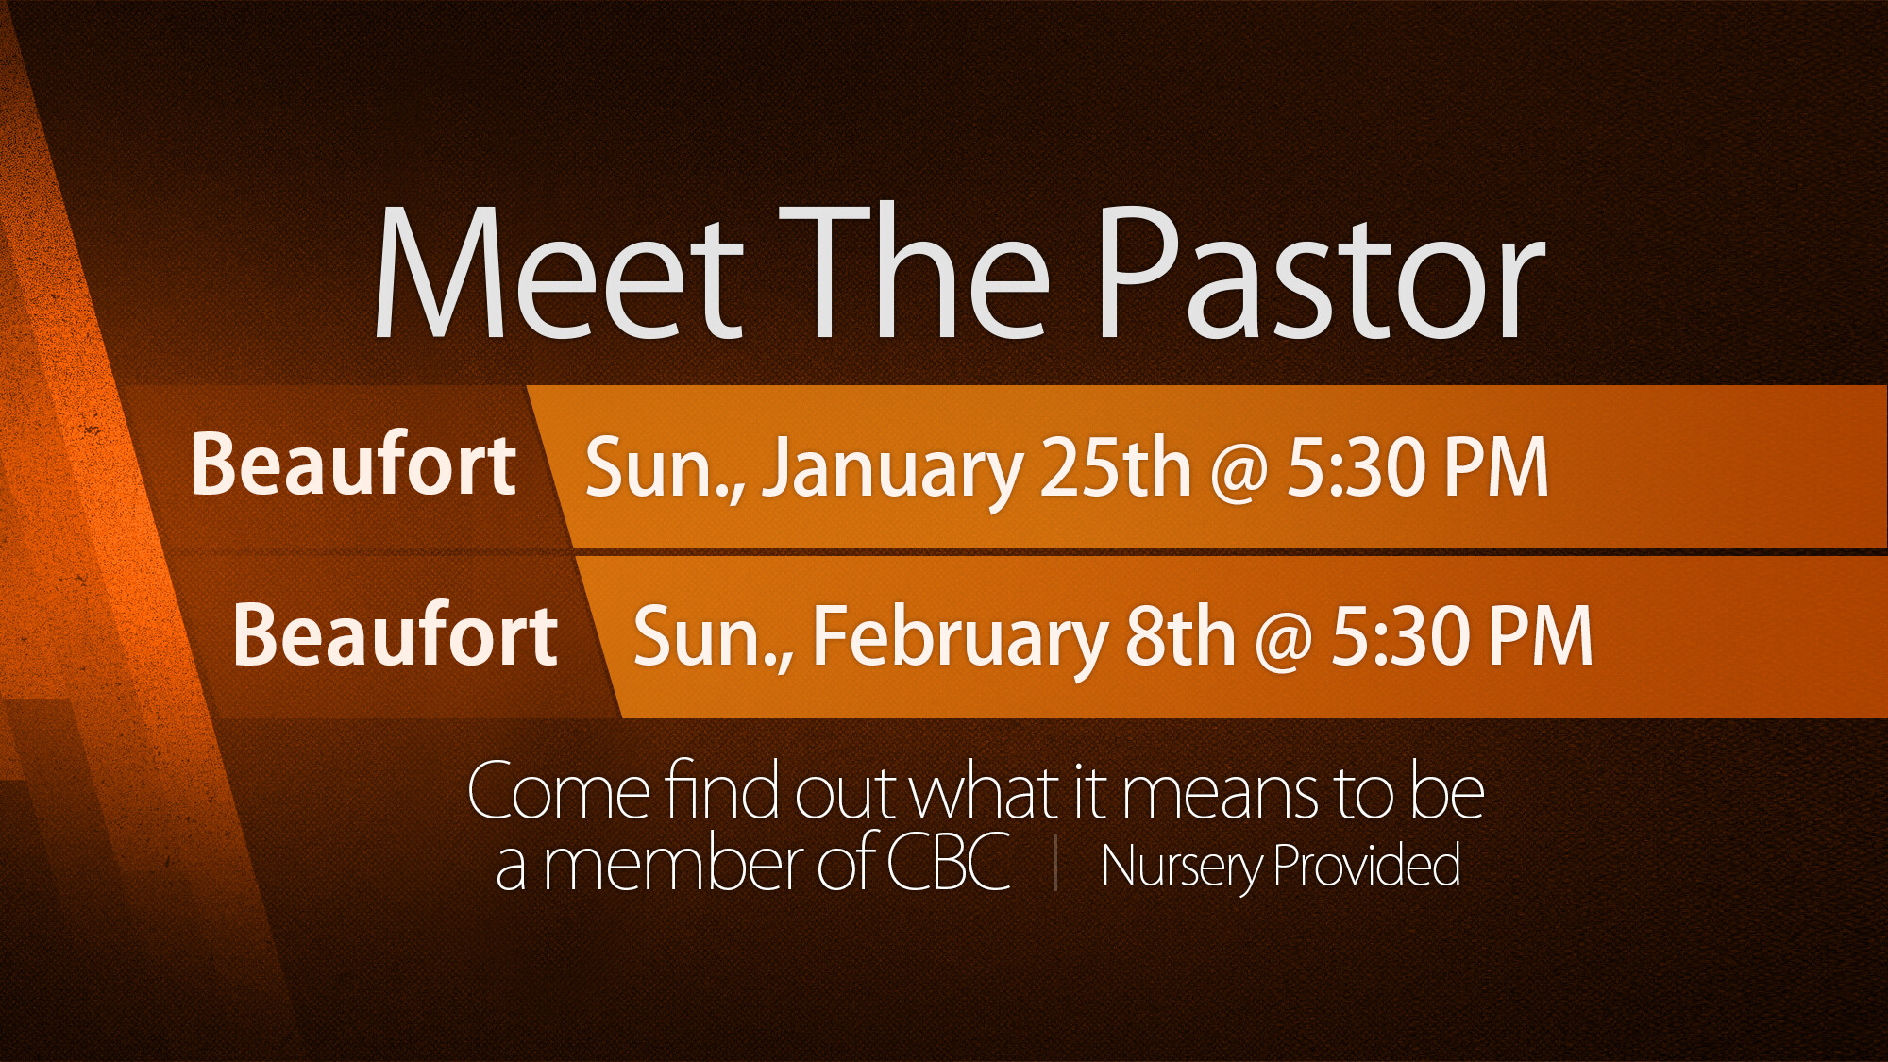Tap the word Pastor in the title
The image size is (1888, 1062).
pos(1322,273)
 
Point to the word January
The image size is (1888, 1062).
pos(892,470)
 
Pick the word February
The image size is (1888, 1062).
pos(959,640)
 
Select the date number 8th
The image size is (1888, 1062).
pos(1180,635)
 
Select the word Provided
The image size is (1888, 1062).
pos(1367,863)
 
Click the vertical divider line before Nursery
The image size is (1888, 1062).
pos(1055,865)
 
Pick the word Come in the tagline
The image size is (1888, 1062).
pos(558,791)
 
